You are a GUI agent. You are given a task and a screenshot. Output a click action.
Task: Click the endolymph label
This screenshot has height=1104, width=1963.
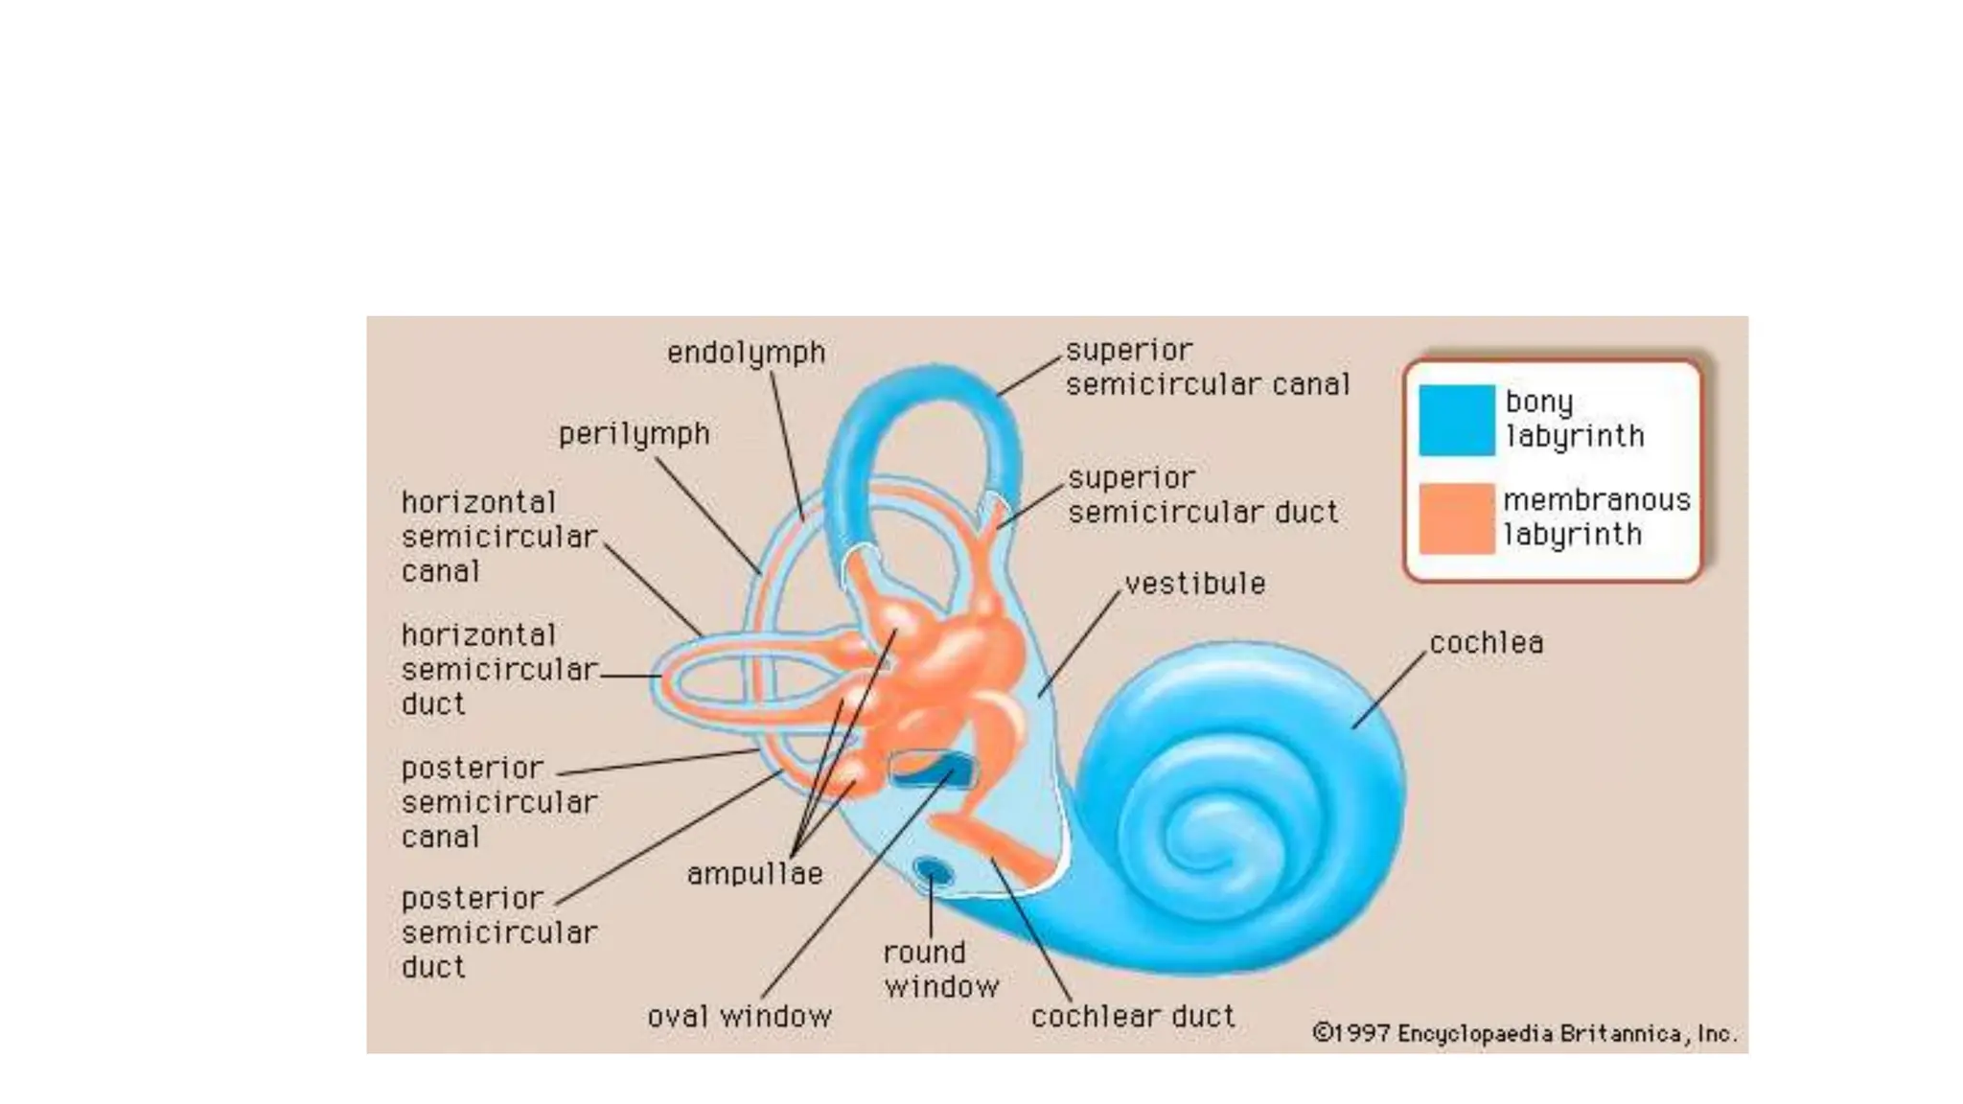tap(746, 353)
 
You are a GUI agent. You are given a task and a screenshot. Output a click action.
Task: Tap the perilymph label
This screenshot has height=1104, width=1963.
tap(634, 434)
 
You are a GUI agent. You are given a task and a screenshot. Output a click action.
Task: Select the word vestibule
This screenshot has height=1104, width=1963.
tap(1194, 584)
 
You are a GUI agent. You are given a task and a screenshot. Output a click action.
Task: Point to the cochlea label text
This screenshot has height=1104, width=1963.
tap(1486, 643)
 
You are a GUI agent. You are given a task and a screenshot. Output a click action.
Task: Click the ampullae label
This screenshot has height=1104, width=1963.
tap(754, 874)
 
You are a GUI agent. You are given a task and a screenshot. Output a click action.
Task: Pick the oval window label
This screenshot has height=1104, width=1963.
tap(739, 1017)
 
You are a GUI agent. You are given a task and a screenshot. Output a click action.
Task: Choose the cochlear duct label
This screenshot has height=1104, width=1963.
tap(1133, 1017)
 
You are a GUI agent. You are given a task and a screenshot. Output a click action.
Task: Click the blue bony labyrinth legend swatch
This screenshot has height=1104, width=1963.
tap(1456, 420)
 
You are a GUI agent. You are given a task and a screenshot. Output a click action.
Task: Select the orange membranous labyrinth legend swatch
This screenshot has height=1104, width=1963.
tap(1456, 518)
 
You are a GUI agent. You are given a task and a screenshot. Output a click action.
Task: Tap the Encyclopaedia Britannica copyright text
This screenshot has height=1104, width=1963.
tap(1523, 1034)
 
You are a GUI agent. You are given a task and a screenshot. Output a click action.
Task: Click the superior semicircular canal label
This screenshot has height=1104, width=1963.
tap(1207, 368)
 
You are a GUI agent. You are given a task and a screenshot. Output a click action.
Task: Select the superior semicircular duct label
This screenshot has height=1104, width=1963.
tap(1202, 495)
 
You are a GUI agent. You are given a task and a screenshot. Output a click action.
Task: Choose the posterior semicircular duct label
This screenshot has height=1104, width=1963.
tap(498, 933)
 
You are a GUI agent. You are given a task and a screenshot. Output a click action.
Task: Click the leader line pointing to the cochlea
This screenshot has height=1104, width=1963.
tap(1389, 690)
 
